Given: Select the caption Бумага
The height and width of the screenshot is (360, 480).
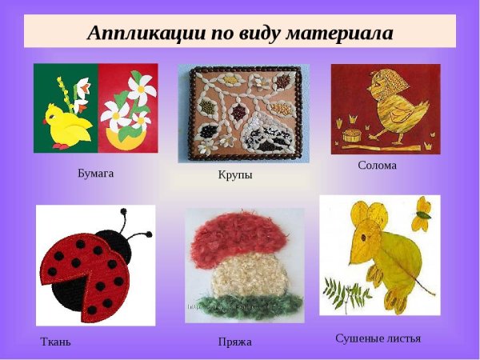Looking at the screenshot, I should click(96, 173).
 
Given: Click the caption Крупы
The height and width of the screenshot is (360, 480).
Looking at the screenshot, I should click(234, 174).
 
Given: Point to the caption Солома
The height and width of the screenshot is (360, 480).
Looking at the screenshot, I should click(378, 166).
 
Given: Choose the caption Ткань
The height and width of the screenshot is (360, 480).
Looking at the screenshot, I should click(56, 342).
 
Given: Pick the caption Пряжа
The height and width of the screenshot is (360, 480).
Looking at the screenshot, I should click(235, 342).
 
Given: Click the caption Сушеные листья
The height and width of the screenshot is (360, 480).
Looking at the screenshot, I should click(378, 338).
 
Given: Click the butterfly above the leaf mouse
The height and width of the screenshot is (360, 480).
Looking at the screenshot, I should click(422, 210).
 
